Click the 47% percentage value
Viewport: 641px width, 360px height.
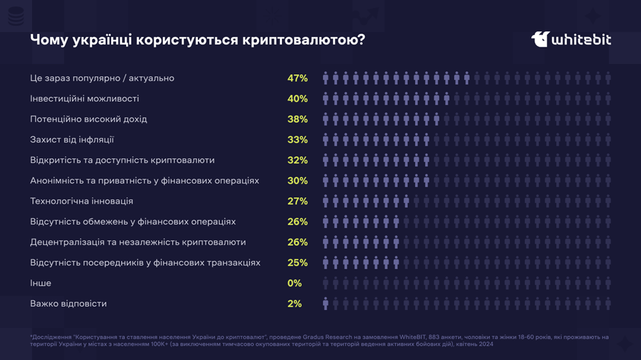tap(297, 78)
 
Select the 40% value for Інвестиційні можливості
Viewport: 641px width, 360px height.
tap(297, 99)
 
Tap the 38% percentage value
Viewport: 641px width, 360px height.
tap(297, 119)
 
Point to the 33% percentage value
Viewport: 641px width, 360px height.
tap(297, 140)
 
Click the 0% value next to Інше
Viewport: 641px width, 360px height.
tap(295, 283)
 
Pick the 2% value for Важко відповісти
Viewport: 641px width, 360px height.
tap(295, 304)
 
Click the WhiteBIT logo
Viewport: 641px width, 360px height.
tap(571, 39)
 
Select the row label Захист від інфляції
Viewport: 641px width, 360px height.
tap(72, 140)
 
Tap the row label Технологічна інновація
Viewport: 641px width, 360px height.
tap(82, 201)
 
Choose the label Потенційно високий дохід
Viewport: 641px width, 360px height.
tap(88, 119)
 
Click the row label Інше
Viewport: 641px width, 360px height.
tap(41, 283)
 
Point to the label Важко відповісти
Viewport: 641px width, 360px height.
tap(68, 304)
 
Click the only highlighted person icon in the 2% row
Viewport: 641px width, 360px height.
tap(325, 304)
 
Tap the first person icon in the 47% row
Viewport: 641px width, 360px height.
tap(325, 78)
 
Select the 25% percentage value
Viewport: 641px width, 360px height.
tap(297, 263)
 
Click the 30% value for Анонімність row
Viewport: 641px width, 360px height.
tap(297, 181)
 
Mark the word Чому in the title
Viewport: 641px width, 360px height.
tap(48, 40)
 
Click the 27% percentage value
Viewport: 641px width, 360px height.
tap(297, 201)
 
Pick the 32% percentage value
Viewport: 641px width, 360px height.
tap(297, 160)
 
